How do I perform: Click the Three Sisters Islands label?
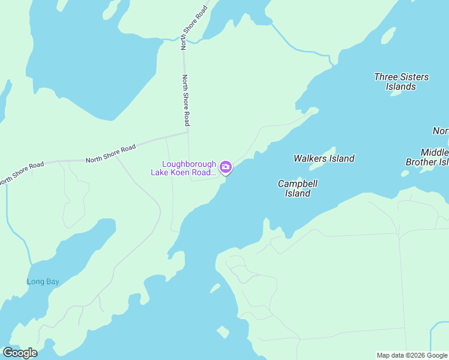(x=401, y=82)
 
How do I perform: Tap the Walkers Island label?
(x=324, y=158)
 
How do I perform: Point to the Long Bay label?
(x=43, y=281)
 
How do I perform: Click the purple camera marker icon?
(x=226, y=167)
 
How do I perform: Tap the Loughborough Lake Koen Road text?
(x=183, y=169)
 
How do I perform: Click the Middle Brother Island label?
(x=427, y=157)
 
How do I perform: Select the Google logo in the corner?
(x=20, y=353)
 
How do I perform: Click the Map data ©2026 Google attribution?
(x=412, y=355)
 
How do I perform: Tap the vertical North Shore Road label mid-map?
(x=186, y=100)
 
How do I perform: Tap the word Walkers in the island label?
(x=309, y=158)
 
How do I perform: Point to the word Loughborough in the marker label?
(x=189, y=164)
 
